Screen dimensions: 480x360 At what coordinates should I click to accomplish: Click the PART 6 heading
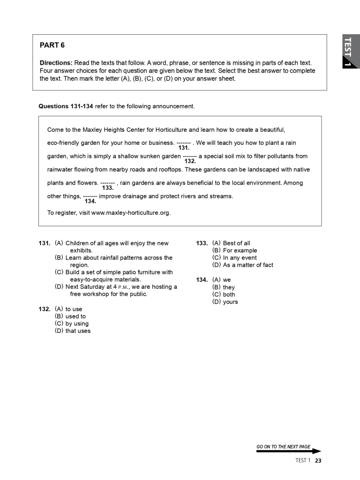click(52, 45)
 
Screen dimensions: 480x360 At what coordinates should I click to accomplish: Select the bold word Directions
click(55, 63)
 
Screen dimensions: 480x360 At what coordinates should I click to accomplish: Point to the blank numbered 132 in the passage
click(189, 156)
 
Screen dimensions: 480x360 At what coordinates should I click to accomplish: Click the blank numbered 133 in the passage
click(107, 183)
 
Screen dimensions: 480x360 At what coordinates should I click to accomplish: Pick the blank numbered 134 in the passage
click(90, 196)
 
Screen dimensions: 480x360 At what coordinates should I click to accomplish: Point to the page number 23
click(318, 460)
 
